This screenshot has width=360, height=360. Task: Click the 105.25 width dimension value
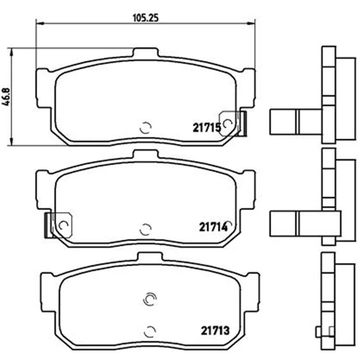tap(146, 18)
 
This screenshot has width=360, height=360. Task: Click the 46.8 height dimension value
tap(7, 97)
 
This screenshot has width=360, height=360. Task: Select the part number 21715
tap(207, 128)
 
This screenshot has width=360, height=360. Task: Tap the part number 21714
tap(213, 227)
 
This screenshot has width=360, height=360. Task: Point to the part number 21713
tap(215, 331)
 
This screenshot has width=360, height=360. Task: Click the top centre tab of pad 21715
tap(146, 52)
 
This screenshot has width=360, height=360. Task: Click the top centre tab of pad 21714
tap(146, 154)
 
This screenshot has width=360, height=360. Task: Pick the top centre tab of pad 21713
tap(150, 256)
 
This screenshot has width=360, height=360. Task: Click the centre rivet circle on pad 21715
tap(146, 127)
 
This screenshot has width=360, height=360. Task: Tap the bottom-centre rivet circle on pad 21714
tap(146, 229)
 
